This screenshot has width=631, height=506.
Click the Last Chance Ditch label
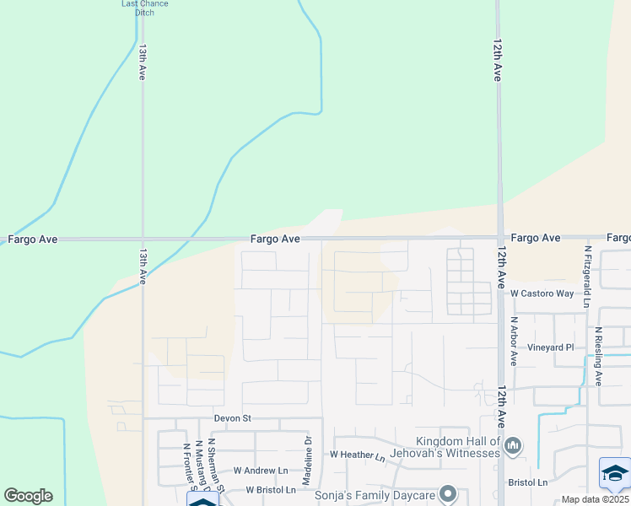[145, 8]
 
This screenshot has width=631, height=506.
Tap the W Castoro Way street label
[542, 293]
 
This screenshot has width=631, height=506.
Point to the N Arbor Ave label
[514, 342]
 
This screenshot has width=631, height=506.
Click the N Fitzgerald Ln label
[587, 271]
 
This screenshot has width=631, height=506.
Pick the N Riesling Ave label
[598, 357]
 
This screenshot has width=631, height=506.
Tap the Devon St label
[233, 418]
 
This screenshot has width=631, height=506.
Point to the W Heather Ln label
[357, 455]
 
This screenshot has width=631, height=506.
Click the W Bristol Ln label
[271, 490]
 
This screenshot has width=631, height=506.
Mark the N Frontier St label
[186, 466]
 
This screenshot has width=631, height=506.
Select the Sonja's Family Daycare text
[375, 494]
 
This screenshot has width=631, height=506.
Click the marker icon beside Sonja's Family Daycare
[448, 493]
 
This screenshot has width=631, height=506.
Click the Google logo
[28, 496]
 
